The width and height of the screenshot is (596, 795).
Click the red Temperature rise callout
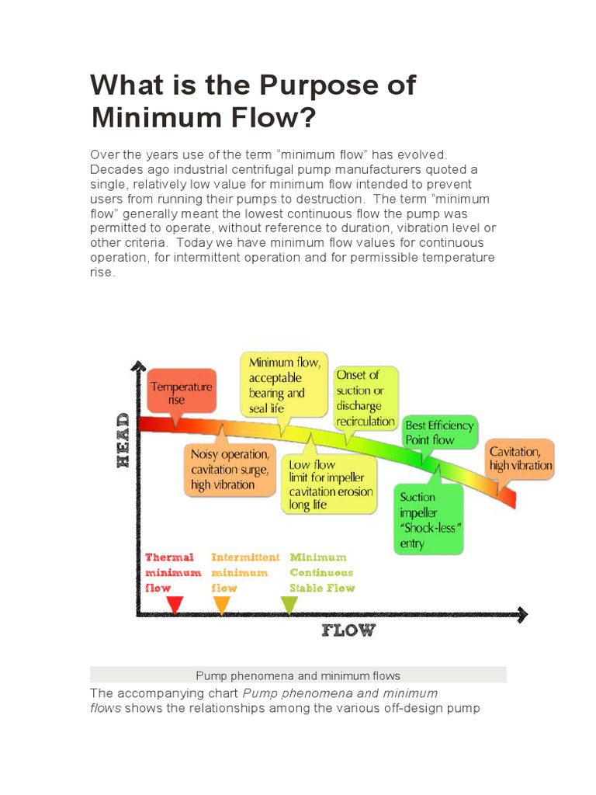(181, 391)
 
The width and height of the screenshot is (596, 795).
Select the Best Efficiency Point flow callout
(440, 432)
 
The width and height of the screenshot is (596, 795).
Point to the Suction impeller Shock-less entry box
(429, 519)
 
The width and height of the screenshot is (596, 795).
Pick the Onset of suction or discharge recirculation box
(366, 398)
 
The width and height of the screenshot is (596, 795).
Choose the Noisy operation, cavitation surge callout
(230, 470)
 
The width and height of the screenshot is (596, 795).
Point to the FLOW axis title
(348, 630)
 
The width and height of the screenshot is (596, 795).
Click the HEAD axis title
(123, 439)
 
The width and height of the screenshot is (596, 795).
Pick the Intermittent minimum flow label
(244, 572)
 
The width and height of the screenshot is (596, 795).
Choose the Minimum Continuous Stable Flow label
(321, 572)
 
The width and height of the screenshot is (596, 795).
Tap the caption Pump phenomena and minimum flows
(298, 675)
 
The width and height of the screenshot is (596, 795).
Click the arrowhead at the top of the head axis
(138, 366)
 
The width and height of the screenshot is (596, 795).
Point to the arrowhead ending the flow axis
(522, 615)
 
